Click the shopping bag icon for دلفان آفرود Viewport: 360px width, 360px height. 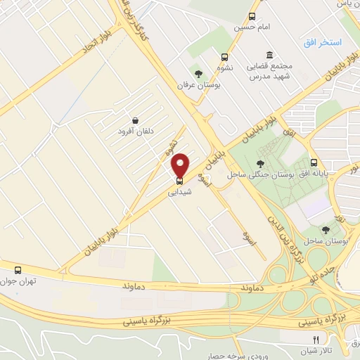click(134, 120)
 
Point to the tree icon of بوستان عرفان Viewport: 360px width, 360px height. click(200, 73)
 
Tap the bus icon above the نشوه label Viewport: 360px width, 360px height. click(224, 58)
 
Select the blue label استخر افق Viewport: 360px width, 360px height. click(322, 44)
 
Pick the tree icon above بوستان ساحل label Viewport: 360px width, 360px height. click(324, 229)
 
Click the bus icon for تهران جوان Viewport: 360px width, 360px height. click(18, 269)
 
